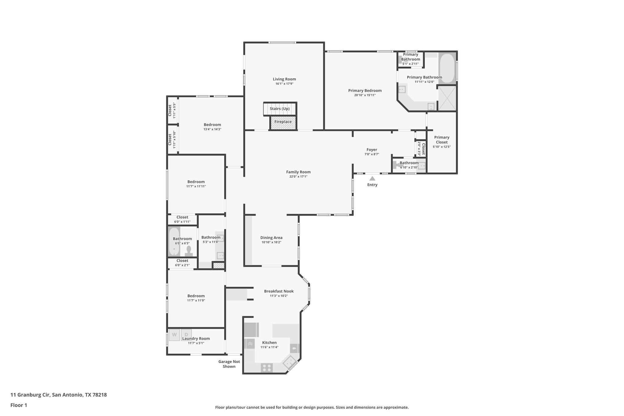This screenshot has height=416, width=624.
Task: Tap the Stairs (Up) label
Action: (279, 109)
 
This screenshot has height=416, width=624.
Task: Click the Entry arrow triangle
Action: (372, 179)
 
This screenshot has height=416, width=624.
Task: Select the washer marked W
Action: (174, 335)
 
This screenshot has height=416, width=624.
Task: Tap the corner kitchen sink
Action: (289, 362)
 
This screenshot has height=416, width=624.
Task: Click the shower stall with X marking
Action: (447, 98)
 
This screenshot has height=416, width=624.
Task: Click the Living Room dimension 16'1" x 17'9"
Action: (284, 84)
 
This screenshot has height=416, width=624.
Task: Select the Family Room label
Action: (298, 172)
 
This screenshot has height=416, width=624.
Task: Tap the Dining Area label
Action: (271, 238)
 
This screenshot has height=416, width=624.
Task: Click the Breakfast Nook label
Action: (279, 291)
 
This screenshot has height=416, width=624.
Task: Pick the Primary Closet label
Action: (441, 140)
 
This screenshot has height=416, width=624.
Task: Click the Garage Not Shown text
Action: (229, 364)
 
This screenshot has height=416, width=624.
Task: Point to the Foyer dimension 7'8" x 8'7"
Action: (372, 154)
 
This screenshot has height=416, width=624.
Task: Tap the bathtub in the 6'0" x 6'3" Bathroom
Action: (174, 242)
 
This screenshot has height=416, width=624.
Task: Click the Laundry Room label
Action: (196, 339)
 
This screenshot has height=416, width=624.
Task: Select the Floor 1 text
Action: (19, 405)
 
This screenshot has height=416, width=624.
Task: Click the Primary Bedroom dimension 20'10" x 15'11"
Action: (365, 95)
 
